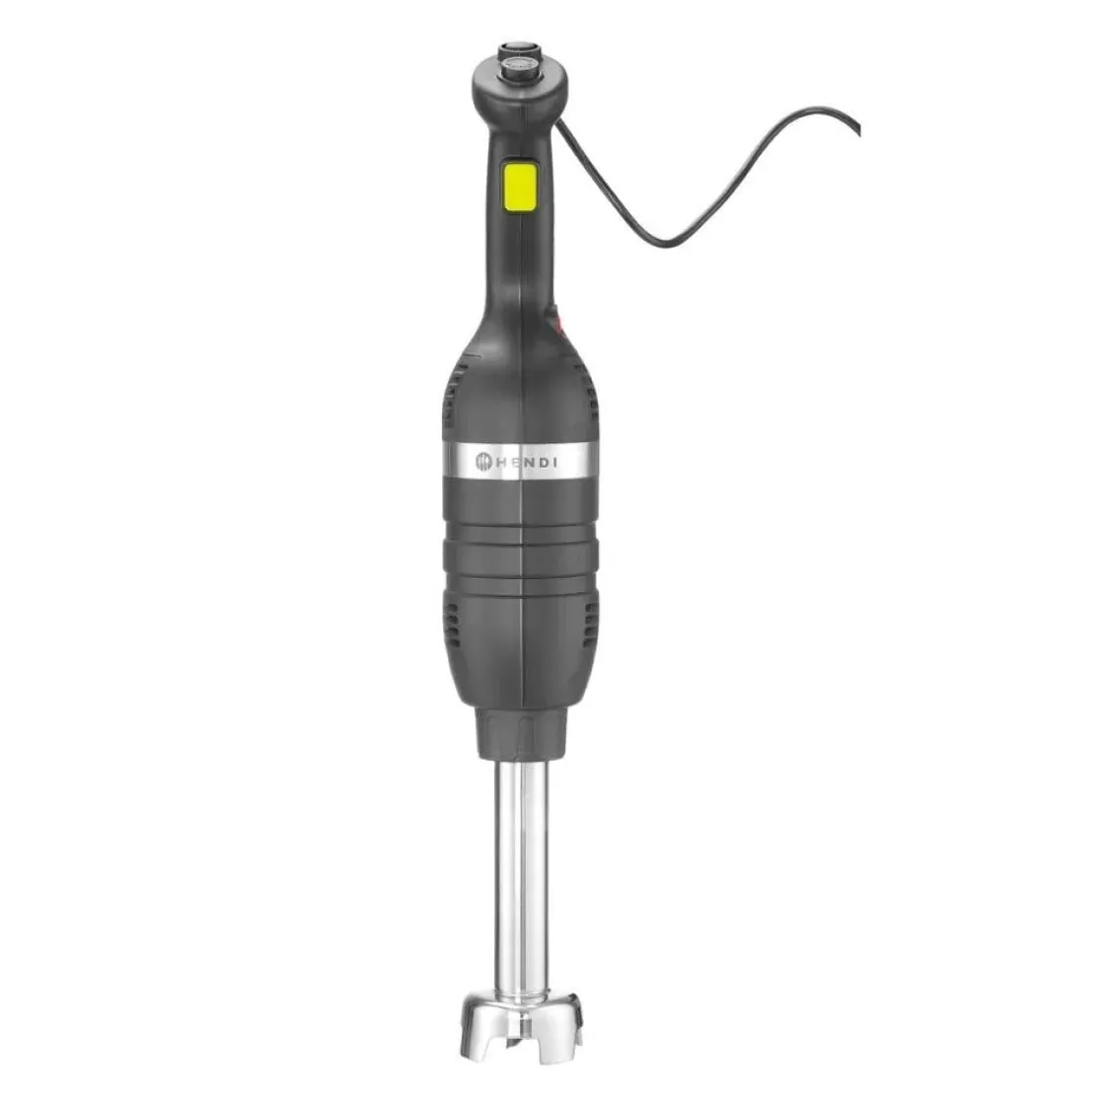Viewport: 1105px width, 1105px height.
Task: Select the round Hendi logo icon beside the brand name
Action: pos(484,459)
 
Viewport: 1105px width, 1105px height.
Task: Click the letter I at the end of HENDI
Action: pos(553,459)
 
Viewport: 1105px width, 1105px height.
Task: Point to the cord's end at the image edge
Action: pos(856,130)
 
